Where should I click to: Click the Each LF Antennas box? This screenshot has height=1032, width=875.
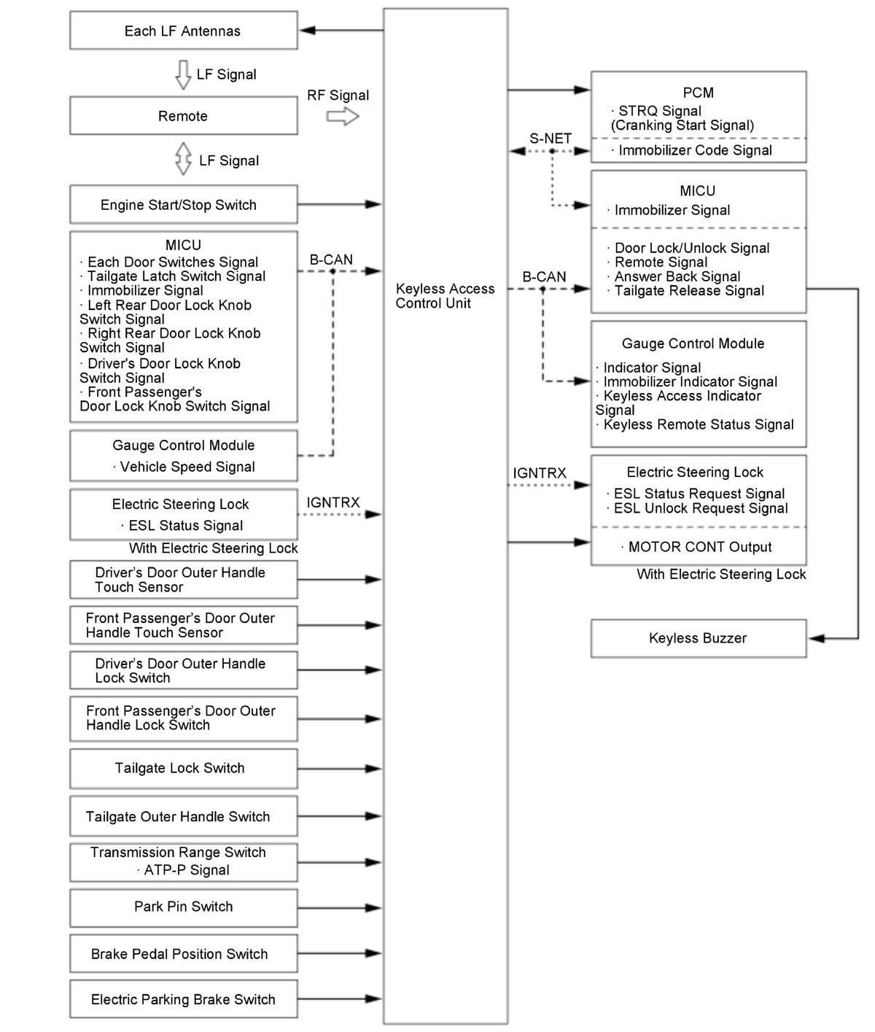point(183,31)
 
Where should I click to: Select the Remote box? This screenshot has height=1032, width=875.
point(183,116)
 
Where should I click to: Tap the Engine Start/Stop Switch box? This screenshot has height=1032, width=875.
point(183,205)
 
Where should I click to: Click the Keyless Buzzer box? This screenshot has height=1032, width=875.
point(698,638)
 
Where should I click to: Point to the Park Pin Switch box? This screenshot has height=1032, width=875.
point(183,907)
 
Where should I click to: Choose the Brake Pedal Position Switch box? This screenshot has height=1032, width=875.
point(183,954)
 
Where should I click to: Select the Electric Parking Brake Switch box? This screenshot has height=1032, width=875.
point(183,999)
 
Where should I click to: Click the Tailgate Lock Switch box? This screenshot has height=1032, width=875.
point(183,768)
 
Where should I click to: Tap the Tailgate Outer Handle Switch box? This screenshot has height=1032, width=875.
point(183,817)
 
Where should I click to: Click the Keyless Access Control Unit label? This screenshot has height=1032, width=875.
point(445,296)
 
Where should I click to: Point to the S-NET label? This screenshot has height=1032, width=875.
point(551,139)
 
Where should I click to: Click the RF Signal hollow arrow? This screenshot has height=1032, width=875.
point(342,117)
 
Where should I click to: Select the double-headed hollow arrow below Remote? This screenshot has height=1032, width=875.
point(184,159)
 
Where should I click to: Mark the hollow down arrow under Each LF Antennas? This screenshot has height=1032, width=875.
point(184,74)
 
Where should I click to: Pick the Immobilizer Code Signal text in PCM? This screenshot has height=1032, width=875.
point(695,150)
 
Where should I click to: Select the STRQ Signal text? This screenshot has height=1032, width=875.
point(660,111)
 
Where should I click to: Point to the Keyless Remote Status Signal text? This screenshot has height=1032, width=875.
point(699,424)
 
